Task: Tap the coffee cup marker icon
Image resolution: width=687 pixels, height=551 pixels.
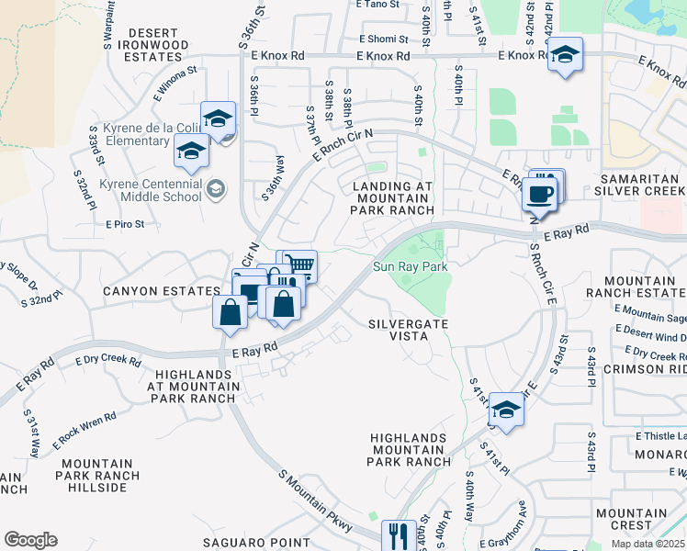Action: [x=539, y=195]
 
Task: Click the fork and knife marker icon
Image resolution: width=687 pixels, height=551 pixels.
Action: [x=399, y=535]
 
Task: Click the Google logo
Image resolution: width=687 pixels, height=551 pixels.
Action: [x=30, y=540]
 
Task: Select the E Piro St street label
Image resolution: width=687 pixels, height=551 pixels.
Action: [x=126, y=224]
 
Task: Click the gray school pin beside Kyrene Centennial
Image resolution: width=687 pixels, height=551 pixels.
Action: [x=216, y=189]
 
